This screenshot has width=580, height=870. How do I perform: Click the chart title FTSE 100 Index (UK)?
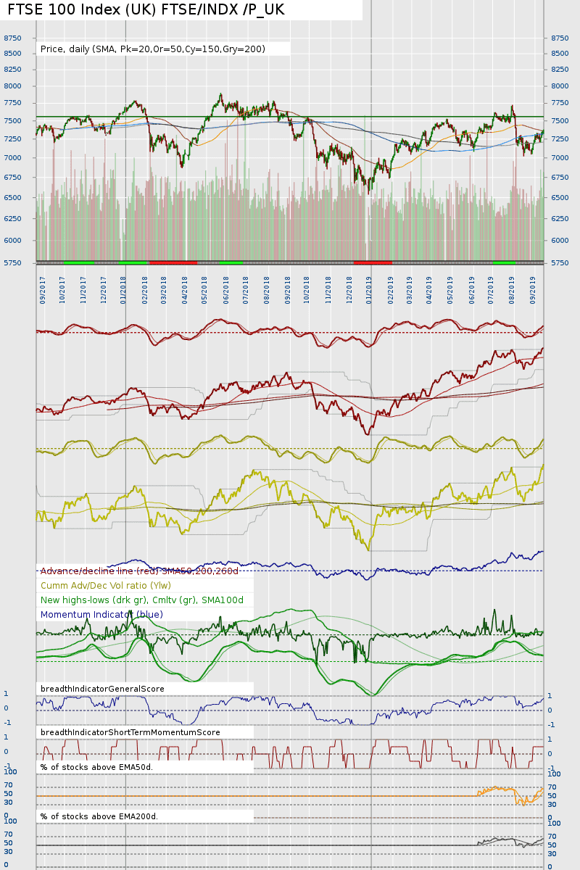pyautogui.click(x=146, y=9)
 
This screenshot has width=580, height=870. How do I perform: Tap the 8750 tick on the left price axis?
pyautogui.click(x=12, y=38)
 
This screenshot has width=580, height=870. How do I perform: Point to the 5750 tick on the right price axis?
pyautogui.click(x=560, y=262)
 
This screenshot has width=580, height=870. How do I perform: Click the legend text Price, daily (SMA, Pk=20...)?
pyautogui.click(x=153, y=49)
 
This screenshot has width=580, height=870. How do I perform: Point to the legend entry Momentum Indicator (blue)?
pyautogui.click(x=101, y=615)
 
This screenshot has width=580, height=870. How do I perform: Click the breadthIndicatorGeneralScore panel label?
pyautogui.click(x=102, y=689)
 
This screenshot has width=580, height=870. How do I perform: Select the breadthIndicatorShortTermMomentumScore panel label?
pyautogui.click(x=130, y=732)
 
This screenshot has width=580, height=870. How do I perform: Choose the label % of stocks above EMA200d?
pyautogui.click(x=99, y=816)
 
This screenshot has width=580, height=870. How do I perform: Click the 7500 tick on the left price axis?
pyautogui.click(x=12, y=120)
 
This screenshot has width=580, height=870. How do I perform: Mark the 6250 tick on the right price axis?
pyautogui.click(x=560, y=217)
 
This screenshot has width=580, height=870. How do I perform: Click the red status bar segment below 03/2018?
pyautogui.click(x=173, y=262)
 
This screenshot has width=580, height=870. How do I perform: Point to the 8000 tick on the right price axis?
pyautogui.click(x=560, y=86)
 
